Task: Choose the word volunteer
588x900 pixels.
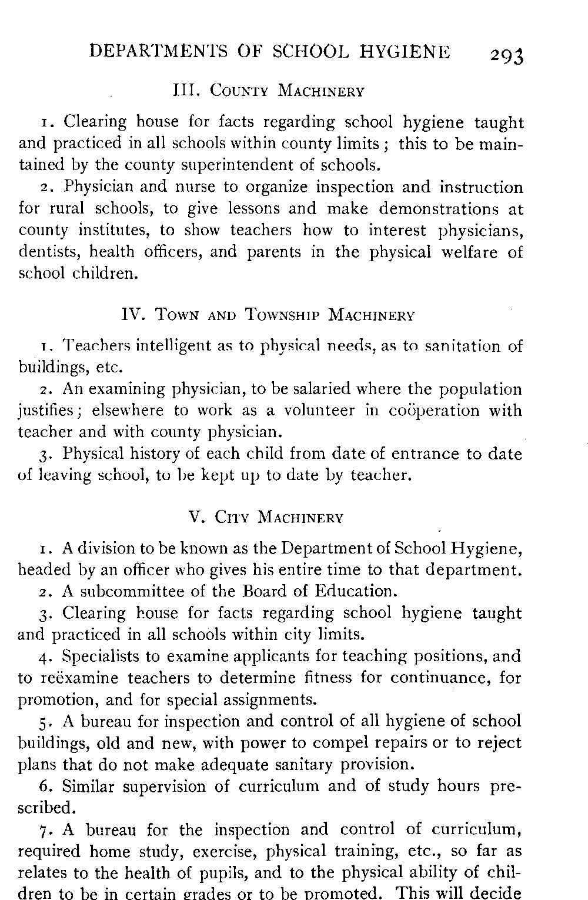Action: point(319,411)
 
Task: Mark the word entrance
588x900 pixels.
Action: point(416,454)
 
